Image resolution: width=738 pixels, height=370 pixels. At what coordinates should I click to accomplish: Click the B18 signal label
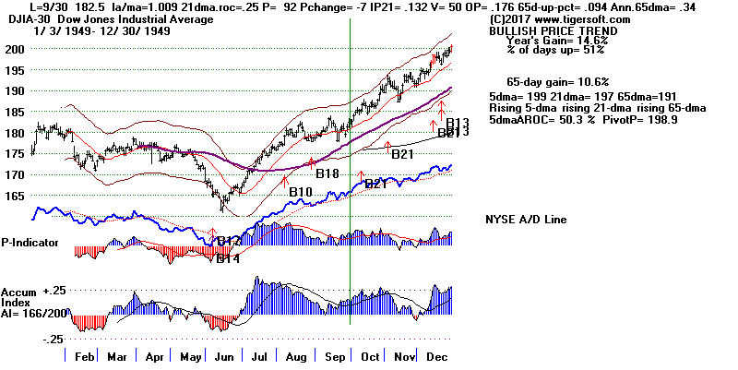click(x=327, y=173)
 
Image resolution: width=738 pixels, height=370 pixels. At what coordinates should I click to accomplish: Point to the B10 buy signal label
click(x=299, y=192)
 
